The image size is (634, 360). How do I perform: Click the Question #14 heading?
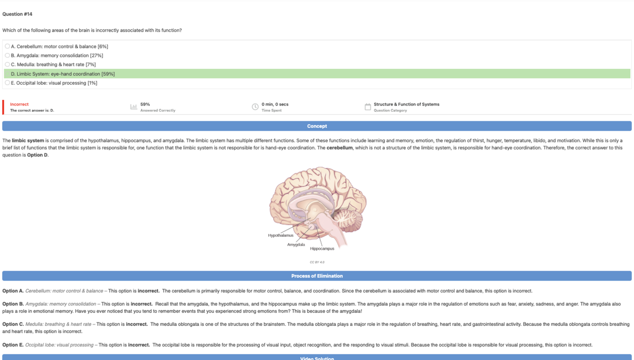pyautogui.click(x=18, y=14)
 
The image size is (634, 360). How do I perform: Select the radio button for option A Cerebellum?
pyautogui.click(x=7, y=46)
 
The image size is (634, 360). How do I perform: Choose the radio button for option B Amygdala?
pyautogui.click(x=7, y=55)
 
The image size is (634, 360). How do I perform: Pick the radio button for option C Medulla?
pyautogui.click(x=7, y=64)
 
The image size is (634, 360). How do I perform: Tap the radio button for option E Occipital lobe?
pyautogui.click(x=7, y=83)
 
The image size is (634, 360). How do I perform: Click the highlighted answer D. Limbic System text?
pyautogui.click(x=63, y=74)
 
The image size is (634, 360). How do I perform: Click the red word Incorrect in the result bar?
pyautogui.click(x=19, y=104)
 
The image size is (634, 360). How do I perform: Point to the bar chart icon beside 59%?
pyautogui.click(x=134, y=107)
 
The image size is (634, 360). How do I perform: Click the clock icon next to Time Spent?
pyautogui.click(x=255, y=107)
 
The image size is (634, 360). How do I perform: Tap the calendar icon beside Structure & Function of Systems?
pyautogui.click(x=367, y=107)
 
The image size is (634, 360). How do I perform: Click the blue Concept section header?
pyautogui.click(x=317, y=126)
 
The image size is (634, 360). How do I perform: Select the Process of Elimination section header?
pyautogui.click(x=317, y=276)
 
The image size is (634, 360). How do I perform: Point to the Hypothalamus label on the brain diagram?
pyautogui.click(x=280, y=235)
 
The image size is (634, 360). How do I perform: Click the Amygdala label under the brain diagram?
pyautogui.click(x=296, y=244)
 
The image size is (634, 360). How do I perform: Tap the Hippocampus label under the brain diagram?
pyautogui.click(x=322, y=248)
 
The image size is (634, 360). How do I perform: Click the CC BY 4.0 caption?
pyautogui.click(x=317, y=262)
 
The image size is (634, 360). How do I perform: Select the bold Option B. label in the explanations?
pyautogui.click(x=13, y=304)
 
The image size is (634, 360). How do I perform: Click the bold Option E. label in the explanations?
pyautogui.click(x=13, y=345)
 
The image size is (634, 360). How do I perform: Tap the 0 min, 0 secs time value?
pyautogui.click(x=275, y=104)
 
